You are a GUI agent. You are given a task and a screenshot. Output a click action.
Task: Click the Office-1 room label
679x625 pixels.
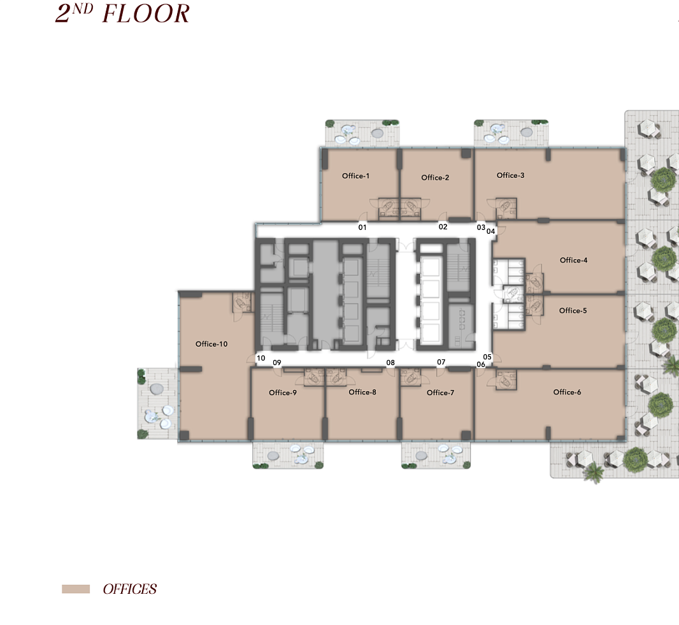(x=355, y=176)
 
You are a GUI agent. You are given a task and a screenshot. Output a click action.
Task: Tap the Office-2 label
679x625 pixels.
(x=435, y=178)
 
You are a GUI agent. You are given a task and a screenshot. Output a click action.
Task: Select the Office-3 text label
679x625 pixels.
(x=511, y=175)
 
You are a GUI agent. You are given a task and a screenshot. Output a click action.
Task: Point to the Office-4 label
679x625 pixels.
(x=574, y=261)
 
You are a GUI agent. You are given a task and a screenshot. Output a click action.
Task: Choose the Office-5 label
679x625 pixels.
(x=573, y=310)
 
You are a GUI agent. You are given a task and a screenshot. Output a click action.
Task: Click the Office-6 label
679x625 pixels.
(x=568, y=392)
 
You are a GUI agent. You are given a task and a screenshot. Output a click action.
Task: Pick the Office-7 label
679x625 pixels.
(x=440, y=392)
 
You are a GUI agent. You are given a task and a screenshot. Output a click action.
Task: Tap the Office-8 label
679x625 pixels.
(x=362, y=392)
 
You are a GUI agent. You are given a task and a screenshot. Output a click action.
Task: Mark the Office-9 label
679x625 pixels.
(x=283, y=392)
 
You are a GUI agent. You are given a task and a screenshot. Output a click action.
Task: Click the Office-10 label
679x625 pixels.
(x=211, y=344)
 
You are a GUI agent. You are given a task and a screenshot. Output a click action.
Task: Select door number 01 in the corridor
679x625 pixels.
(x=362, y=227)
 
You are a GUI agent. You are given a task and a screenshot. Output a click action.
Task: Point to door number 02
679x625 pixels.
(x=443, y=227)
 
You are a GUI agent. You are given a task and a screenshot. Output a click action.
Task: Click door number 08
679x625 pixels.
(x=390, y=363)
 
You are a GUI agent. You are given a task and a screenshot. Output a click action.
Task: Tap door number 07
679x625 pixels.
(x=441, y=362)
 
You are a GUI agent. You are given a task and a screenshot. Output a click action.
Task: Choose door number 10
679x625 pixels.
(x=261, y=358)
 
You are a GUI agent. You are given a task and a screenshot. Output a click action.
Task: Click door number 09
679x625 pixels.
(x=276, y=363)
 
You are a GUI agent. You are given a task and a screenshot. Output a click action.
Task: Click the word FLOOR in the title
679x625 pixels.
(x=146, y=14)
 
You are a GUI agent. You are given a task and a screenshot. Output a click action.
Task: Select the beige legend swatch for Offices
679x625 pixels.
(x=76, y=589)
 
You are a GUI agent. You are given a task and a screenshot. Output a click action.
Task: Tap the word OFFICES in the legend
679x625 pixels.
(x=130, y=589)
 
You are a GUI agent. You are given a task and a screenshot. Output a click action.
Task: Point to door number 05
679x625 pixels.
(x=487, y=357)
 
